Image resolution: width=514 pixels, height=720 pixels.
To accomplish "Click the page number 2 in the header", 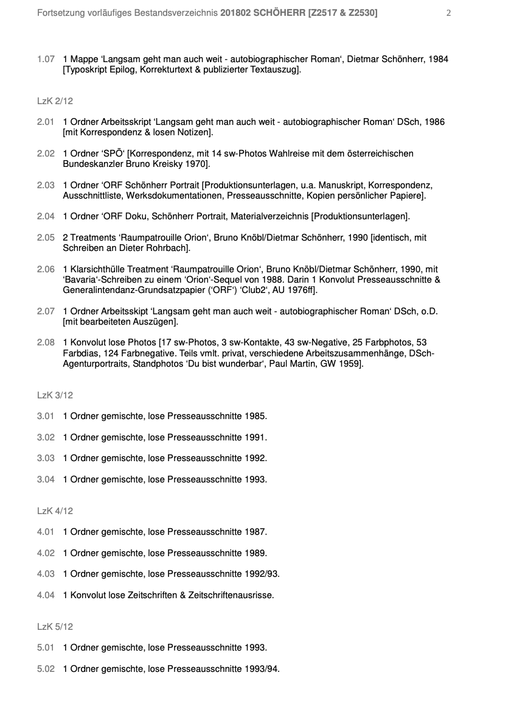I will click(x=448, y=13).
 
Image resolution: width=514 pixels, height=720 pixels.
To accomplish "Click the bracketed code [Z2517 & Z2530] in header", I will click(x=343, y=13).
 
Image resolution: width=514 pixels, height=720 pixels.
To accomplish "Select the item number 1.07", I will click(x=46, y=59).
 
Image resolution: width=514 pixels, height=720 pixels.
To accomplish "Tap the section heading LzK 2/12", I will click(x=55, y=101).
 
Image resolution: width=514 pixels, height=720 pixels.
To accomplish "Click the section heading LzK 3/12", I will click(x=55, y=395).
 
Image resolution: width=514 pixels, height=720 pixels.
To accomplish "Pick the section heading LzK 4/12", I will click(x=55, y=511).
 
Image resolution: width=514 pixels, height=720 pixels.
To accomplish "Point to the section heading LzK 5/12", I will click(x=55, y=627).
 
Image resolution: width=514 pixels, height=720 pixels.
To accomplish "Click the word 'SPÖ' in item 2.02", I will click(x=111, y=154).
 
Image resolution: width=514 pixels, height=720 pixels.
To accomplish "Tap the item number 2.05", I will click(x=46, y=238).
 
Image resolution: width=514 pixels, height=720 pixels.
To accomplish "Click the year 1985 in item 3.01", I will click(x=255, y=417).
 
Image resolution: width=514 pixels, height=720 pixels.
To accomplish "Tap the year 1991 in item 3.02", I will click(x=255, y=437).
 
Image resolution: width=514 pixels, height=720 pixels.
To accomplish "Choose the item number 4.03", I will click(x=46, y=574).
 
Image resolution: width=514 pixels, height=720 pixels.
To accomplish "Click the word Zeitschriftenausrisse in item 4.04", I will click(x=231, y=595).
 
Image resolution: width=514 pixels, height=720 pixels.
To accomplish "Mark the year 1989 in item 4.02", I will click(x=255, y=553).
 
